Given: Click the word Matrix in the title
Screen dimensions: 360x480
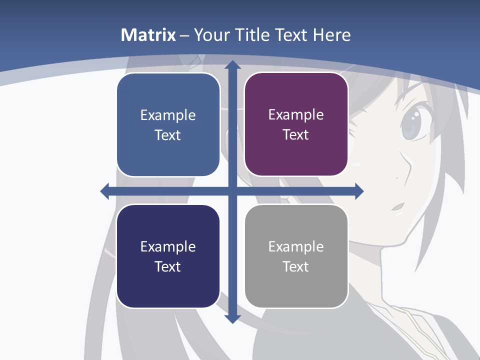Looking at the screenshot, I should (x=148, y=35).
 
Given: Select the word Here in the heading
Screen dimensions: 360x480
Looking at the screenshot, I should (x=332, y=35).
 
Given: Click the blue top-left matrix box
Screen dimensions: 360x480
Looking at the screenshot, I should (x=168, y=125).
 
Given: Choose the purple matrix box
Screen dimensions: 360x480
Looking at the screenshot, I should (x=296, y=124).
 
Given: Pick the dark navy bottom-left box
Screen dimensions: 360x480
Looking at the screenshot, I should (x=168, y=256).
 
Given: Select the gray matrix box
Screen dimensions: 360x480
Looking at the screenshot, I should (x=296, y=256).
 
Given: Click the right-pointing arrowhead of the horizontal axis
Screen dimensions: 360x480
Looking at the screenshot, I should (x=358, y=191).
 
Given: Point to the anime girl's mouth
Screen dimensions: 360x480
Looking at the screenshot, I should (x=398, y=205).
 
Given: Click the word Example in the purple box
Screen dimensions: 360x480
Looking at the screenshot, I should (x=296, y=114).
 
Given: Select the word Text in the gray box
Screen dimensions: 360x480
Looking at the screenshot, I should (x=296, y=266).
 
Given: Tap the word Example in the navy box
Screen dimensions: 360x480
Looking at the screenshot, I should (x=168, y=246).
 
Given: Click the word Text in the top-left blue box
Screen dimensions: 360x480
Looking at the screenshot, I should (x=168, y=135).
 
